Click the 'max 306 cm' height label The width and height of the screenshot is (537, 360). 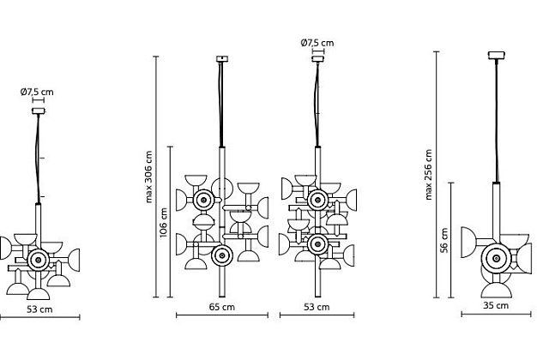(x=148, y=177)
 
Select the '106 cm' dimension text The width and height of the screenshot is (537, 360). (x=163, y=223)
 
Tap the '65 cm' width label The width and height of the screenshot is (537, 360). (x=222, y=307)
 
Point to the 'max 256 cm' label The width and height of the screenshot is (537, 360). (x=428, y=175)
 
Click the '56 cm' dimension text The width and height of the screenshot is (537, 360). (x=444, y=241)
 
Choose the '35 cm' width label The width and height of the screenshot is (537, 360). (x=496, y=306)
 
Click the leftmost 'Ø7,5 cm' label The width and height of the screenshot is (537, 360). (x=37, y=92)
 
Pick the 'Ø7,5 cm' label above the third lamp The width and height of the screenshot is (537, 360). (x=317, y=43)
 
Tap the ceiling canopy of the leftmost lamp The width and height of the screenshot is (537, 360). (x=39, y=111)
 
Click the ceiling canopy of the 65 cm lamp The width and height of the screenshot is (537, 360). (x=222, y=59)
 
